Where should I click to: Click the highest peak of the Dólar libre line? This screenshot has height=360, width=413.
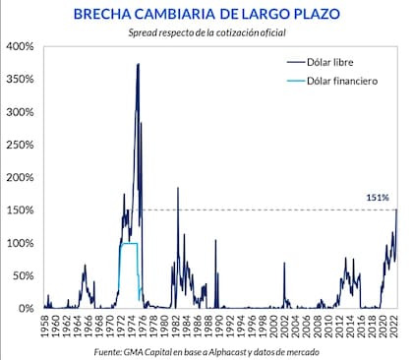[x=138, y=65]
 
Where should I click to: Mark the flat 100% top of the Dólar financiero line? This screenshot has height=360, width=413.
[x=128, y=243]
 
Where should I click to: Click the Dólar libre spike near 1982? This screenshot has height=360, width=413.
[x=178, y=188]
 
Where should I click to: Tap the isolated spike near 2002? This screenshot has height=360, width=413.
[x=284, y=264]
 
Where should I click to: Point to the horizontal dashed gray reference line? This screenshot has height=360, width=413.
[x=265, y=210]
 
